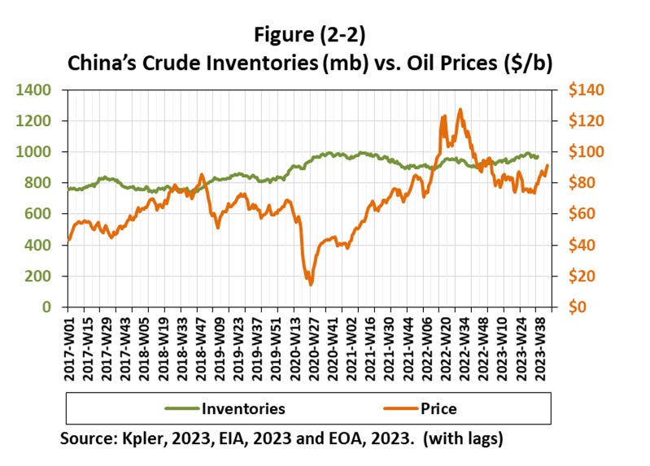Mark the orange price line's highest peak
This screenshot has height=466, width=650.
coord(460,109)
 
